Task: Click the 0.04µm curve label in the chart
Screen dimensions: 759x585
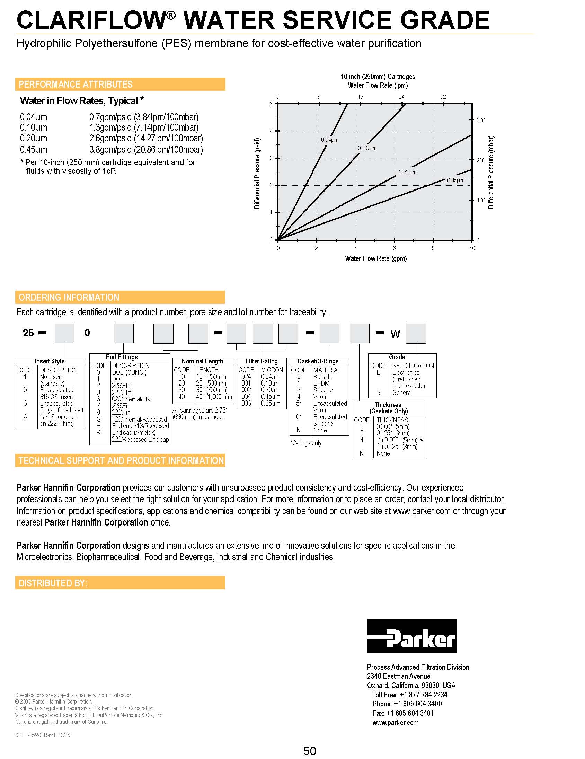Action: pyautogui.click(x=329, y=140)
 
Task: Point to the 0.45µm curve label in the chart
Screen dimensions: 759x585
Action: pyautogui.click(x=455, y=180)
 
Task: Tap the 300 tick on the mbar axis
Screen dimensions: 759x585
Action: pyautogui.click(x=480, y=120)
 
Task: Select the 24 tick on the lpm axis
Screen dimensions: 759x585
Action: pyautogui.click(x=401, y=97)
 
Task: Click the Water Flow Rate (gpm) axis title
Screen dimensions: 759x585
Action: pyautogui.click(x=375, y=258)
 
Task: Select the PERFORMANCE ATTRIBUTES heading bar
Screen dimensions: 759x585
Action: pyautogui.click(x=120, y=84)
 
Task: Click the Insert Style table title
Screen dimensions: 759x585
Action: pyautogui.click(x=50, y=361)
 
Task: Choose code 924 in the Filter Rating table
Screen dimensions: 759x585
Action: pyautogui.click(x=246, y=376)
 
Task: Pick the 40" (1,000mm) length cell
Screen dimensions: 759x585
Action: pyautogui.click(x=214, y=397)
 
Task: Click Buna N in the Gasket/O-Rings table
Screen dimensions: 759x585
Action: pyautogui.click(x=322, y=377)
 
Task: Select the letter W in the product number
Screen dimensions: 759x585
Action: pyautogui.click(x=395, y=334)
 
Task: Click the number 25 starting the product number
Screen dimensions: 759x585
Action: pyautogui.click(x=28, y=333)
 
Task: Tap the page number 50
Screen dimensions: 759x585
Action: pyautogui.click(x=310, y=751)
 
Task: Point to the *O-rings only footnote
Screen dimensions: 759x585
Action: pyautogui.click(x=306, y=443)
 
